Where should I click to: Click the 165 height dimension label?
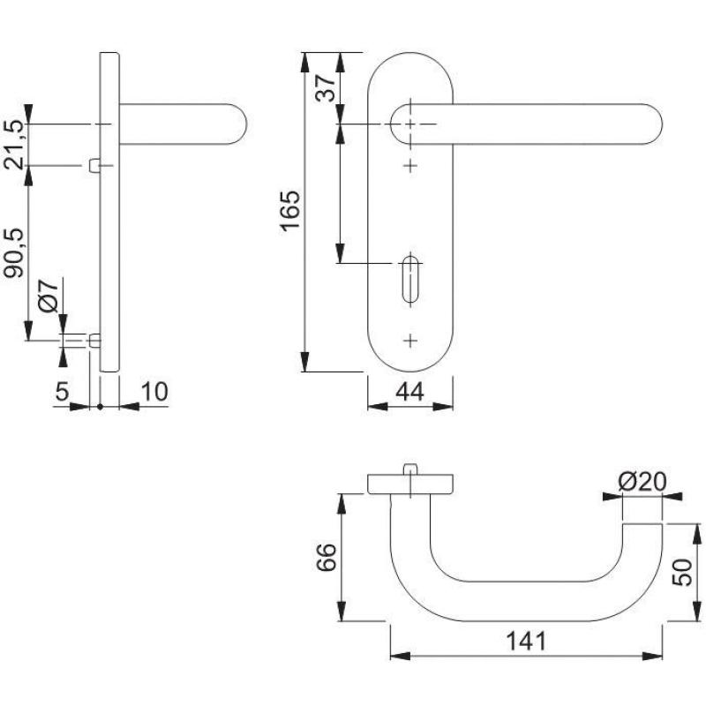click(x=290, y=211)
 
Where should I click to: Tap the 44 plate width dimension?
click(x=409, y=392)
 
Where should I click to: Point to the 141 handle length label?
click(x=526, y=642)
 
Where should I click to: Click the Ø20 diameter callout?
click(x=642, y=482)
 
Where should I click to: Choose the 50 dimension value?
click(x=681, y=572)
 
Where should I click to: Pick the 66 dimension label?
click(x=326, y=557)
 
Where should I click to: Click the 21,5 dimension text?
click(x=14, y=145)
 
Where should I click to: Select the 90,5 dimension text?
click(x=14, y=253)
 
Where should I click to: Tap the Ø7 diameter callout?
click(x=49, y=296)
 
